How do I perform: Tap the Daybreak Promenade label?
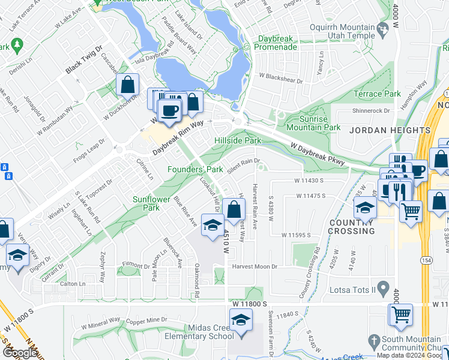277,43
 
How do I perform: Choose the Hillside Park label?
238,140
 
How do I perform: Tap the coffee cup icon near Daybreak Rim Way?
170,110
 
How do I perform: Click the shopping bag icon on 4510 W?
234,210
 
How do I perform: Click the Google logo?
20,353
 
